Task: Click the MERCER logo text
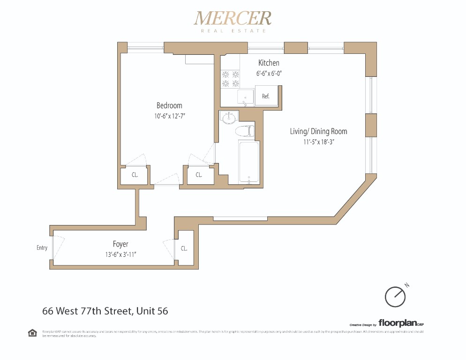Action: tap(233, 19)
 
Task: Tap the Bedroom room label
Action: tap(169, 105)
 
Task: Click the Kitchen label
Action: tap(269, 63)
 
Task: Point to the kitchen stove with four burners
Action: tap(230, 79)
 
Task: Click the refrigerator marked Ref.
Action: tap(266, 96)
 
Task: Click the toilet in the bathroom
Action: tap(246, 131)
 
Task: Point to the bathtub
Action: tap(248, 162)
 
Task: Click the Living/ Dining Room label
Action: tap(318, 131)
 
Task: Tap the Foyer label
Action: tap(120, 244)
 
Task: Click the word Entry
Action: tap(42, 247)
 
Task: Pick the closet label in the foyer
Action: tap(184, 248)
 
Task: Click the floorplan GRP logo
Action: tap(401, 323)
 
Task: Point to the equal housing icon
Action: tap(33, 333)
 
